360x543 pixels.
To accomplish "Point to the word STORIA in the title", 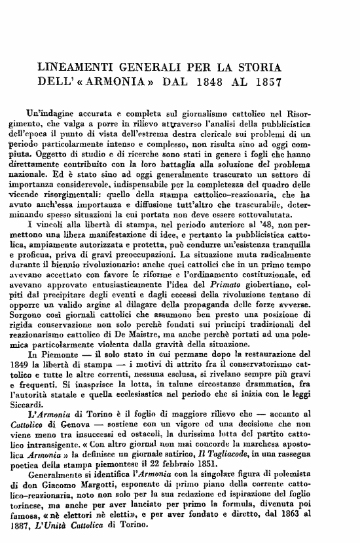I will pyautogui.click(x=260, y=67).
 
